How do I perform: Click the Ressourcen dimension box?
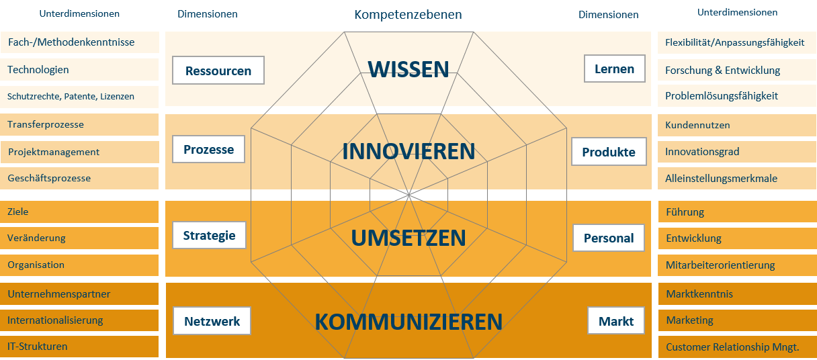pyautogui.click(x=218, y=70)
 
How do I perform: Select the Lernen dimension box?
pyautogui.click(x=615, y=69)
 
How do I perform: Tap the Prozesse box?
pyautogui.click(x=209, y=149)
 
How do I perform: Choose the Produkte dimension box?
pyautogui.click(x=609, y=151)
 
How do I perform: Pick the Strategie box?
pyautogui.click(x=209, y=235)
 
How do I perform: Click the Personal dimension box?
pyautogui.click(x=609, y=238)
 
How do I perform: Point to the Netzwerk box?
pyautogui.click(x=212, y=321)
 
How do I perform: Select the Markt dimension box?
pyautogui.click(x=616, y=320)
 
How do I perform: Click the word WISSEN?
pyautogui.click(x=408, y=69)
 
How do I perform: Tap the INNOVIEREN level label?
pyautogui.click(x=408, y=151)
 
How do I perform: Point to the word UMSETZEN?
pyautogui.click(x=408, y=238)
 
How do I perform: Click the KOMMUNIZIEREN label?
pyautogui.click(x=408, y=322)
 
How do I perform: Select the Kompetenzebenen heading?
pyautogui.click(x=408, y=15)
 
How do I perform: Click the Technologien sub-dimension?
pyautogui.click(x=38, y=70)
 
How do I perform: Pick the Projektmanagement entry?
pyautogui.click(x=54, y=152)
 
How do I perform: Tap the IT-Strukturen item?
pyautogui.click(x=37, y=346)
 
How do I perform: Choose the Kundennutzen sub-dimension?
pyautogui.click(x=697, y=125)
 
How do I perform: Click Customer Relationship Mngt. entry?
pyautogui.click(x=732, y=347)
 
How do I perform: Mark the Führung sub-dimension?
pyautogui.click(x=685, y=212)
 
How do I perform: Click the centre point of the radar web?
pyautogui.click(x=409, y=195)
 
